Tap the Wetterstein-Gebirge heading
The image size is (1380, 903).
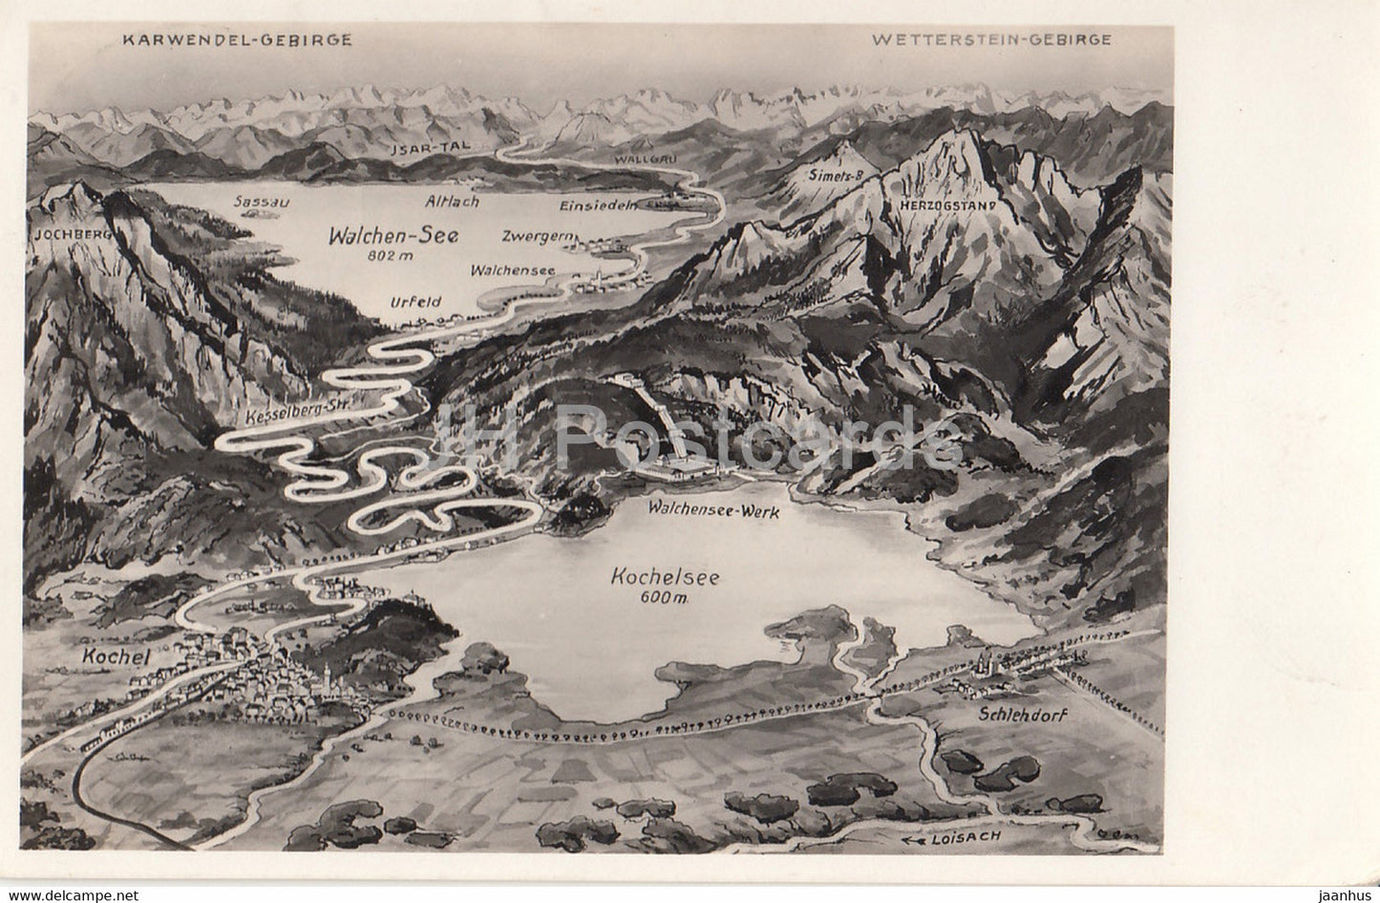click(x=991, y=39)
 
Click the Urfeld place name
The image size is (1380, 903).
click(x=416, y=302)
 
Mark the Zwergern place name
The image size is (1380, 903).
click(x=532, y=235)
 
